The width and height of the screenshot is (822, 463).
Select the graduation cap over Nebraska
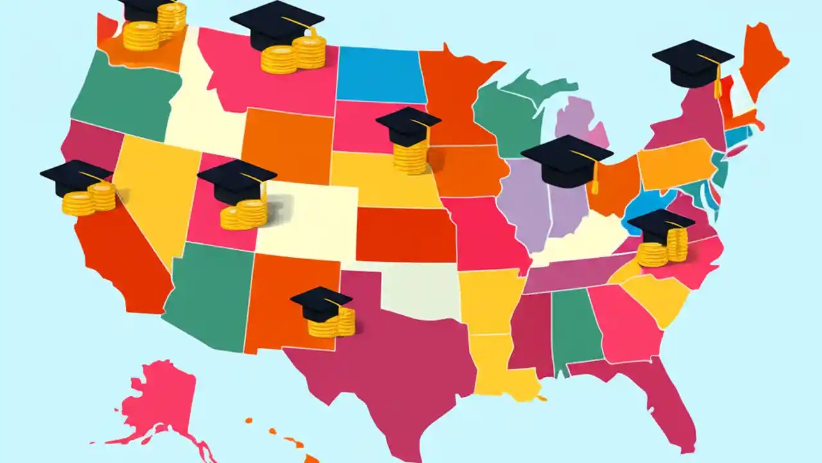[x=407, y=125]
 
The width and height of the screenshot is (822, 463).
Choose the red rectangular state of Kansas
[x=405, y=235]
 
